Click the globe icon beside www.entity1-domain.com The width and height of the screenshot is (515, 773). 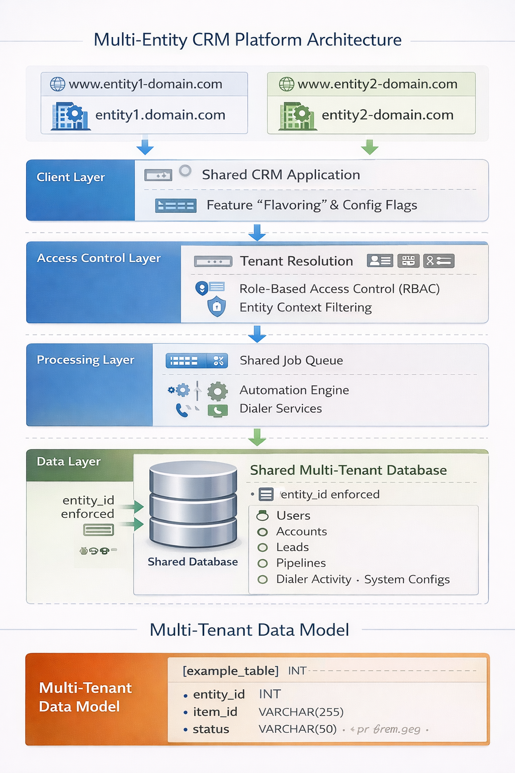pos(58,84)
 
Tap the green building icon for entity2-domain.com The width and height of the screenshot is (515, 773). pos(297,116)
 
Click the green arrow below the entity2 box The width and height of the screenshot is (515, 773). pos(370,147)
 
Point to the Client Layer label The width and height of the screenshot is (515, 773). pos(70,177)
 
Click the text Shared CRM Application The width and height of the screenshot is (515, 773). pos(281,175)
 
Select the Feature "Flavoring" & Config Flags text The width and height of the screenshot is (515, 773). pos(311,205)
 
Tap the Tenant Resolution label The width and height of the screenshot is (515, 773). pos(296,261)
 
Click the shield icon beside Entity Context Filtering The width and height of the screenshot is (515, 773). pos(217,306)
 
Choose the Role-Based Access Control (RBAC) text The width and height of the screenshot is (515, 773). pos(339,289)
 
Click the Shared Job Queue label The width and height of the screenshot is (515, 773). pos(291,360)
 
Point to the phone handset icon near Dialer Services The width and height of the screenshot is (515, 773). pos(182,411)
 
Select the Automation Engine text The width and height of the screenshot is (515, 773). pos(294,390)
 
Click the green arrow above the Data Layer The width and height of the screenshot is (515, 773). pos(257,437)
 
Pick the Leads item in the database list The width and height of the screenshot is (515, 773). pos(292,547)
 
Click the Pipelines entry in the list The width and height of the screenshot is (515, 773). pos(301,563)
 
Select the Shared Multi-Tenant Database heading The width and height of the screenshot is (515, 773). pos(348,470)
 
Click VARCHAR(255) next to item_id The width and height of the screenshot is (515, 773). pos(301,712)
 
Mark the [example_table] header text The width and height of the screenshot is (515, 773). pos(230,671)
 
